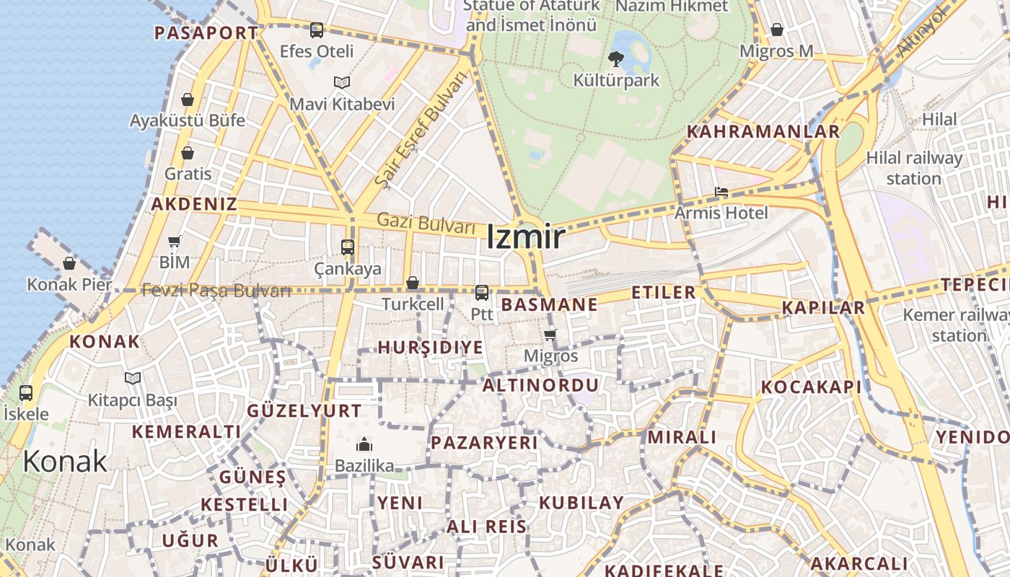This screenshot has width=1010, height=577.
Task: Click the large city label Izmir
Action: click(x=525, y=237)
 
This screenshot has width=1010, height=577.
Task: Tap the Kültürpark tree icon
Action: click(x=616, y=58)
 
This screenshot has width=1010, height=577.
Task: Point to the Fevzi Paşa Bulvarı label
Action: click(x=216, y=290)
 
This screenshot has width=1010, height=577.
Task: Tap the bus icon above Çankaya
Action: click(x=348, y=247)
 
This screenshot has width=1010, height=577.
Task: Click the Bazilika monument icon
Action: click(x=364, y=444)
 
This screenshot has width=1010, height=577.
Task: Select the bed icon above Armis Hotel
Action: click(x=721, y=192)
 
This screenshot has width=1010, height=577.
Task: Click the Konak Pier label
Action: click(x=69, y=284)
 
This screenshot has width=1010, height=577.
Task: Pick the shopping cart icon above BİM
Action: click(x=175, y=241)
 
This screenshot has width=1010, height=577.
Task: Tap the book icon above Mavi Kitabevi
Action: click(x=342, y=82)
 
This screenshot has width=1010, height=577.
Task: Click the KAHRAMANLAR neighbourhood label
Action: click(x=763, y=132)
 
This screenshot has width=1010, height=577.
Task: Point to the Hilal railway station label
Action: click(x=914, y=167)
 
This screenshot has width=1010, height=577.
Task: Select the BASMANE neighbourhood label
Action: click(x=550, y=304)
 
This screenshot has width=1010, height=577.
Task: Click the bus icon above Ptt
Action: click(x=482, y=292)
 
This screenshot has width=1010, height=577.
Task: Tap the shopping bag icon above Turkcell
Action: click(x=413, y=283)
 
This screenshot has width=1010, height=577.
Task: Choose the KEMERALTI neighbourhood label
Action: click(x=186, y=431)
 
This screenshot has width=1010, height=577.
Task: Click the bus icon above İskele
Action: click(x=26, y=393)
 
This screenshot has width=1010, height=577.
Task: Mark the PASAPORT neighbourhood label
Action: click(x=206, y=32)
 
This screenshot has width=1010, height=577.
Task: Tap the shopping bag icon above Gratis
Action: click(x=188, y=153)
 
